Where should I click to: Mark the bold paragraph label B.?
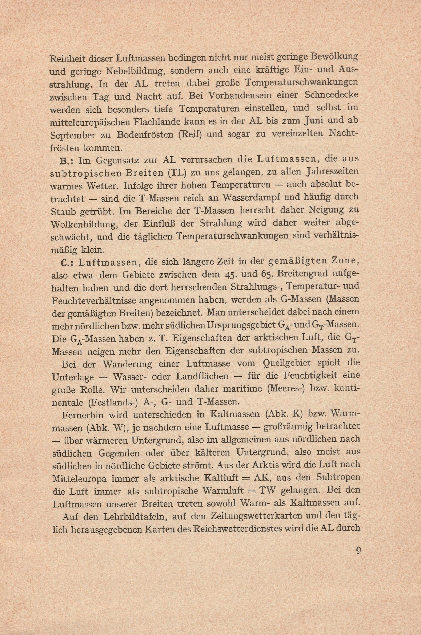(x=67, y=161)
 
